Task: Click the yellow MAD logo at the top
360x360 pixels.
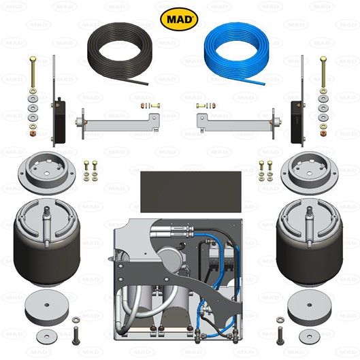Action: click(179, 18)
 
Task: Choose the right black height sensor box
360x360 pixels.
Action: click(297, 121)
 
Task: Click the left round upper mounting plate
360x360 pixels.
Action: click(50, 174)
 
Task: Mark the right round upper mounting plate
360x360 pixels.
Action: click(310, 174)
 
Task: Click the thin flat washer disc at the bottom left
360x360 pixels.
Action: click(47, 335)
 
